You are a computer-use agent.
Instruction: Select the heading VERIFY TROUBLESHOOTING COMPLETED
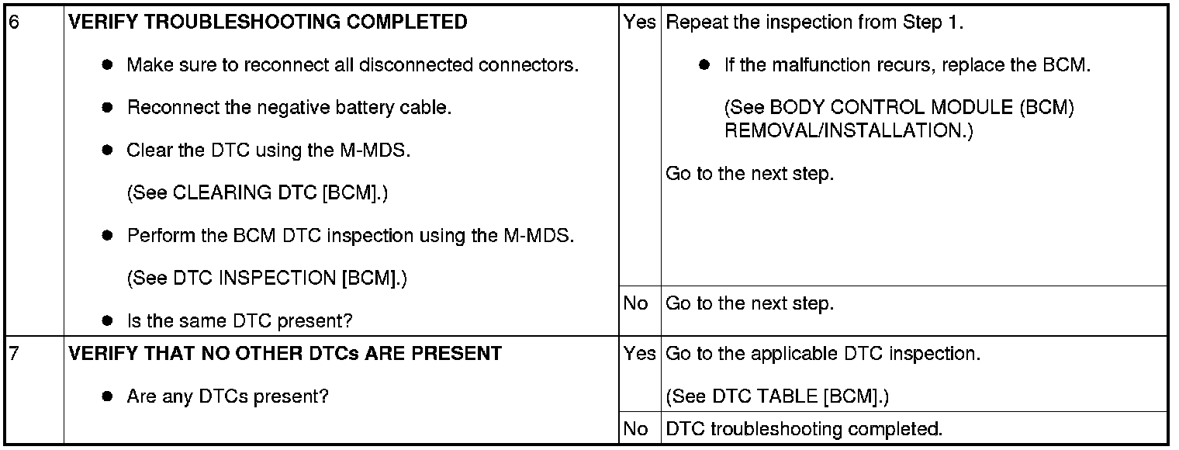268,22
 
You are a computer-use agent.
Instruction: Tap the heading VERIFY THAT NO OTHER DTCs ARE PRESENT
285,354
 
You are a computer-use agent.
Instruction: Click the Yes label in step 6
639,22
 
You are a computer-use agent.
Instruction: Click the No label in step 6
635,303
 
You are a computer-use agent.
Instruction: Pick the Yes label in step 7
639,354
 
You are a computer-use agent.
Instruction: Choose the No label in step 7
635,428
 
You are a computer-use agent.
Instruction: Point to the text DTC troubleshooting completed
804,428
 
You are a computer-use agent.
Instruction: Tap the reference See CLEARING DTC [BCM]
257,193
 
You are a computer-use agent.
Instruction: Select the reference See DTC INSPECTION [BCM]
266,278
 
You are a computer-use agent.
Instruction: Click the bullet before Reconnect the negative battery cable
108,108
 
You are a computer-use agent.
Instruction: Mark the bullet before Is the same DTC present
108,320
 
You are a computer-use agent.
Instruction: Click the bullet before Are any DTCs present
108,396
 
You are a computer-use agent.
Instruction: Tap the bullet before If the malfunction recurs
704,65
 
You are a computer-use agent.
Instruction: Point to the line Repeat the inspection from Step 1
814,22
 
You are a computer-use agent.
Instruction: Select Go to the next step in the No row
749,303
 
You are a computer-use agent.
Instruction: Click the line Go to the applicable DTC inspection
823,354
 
